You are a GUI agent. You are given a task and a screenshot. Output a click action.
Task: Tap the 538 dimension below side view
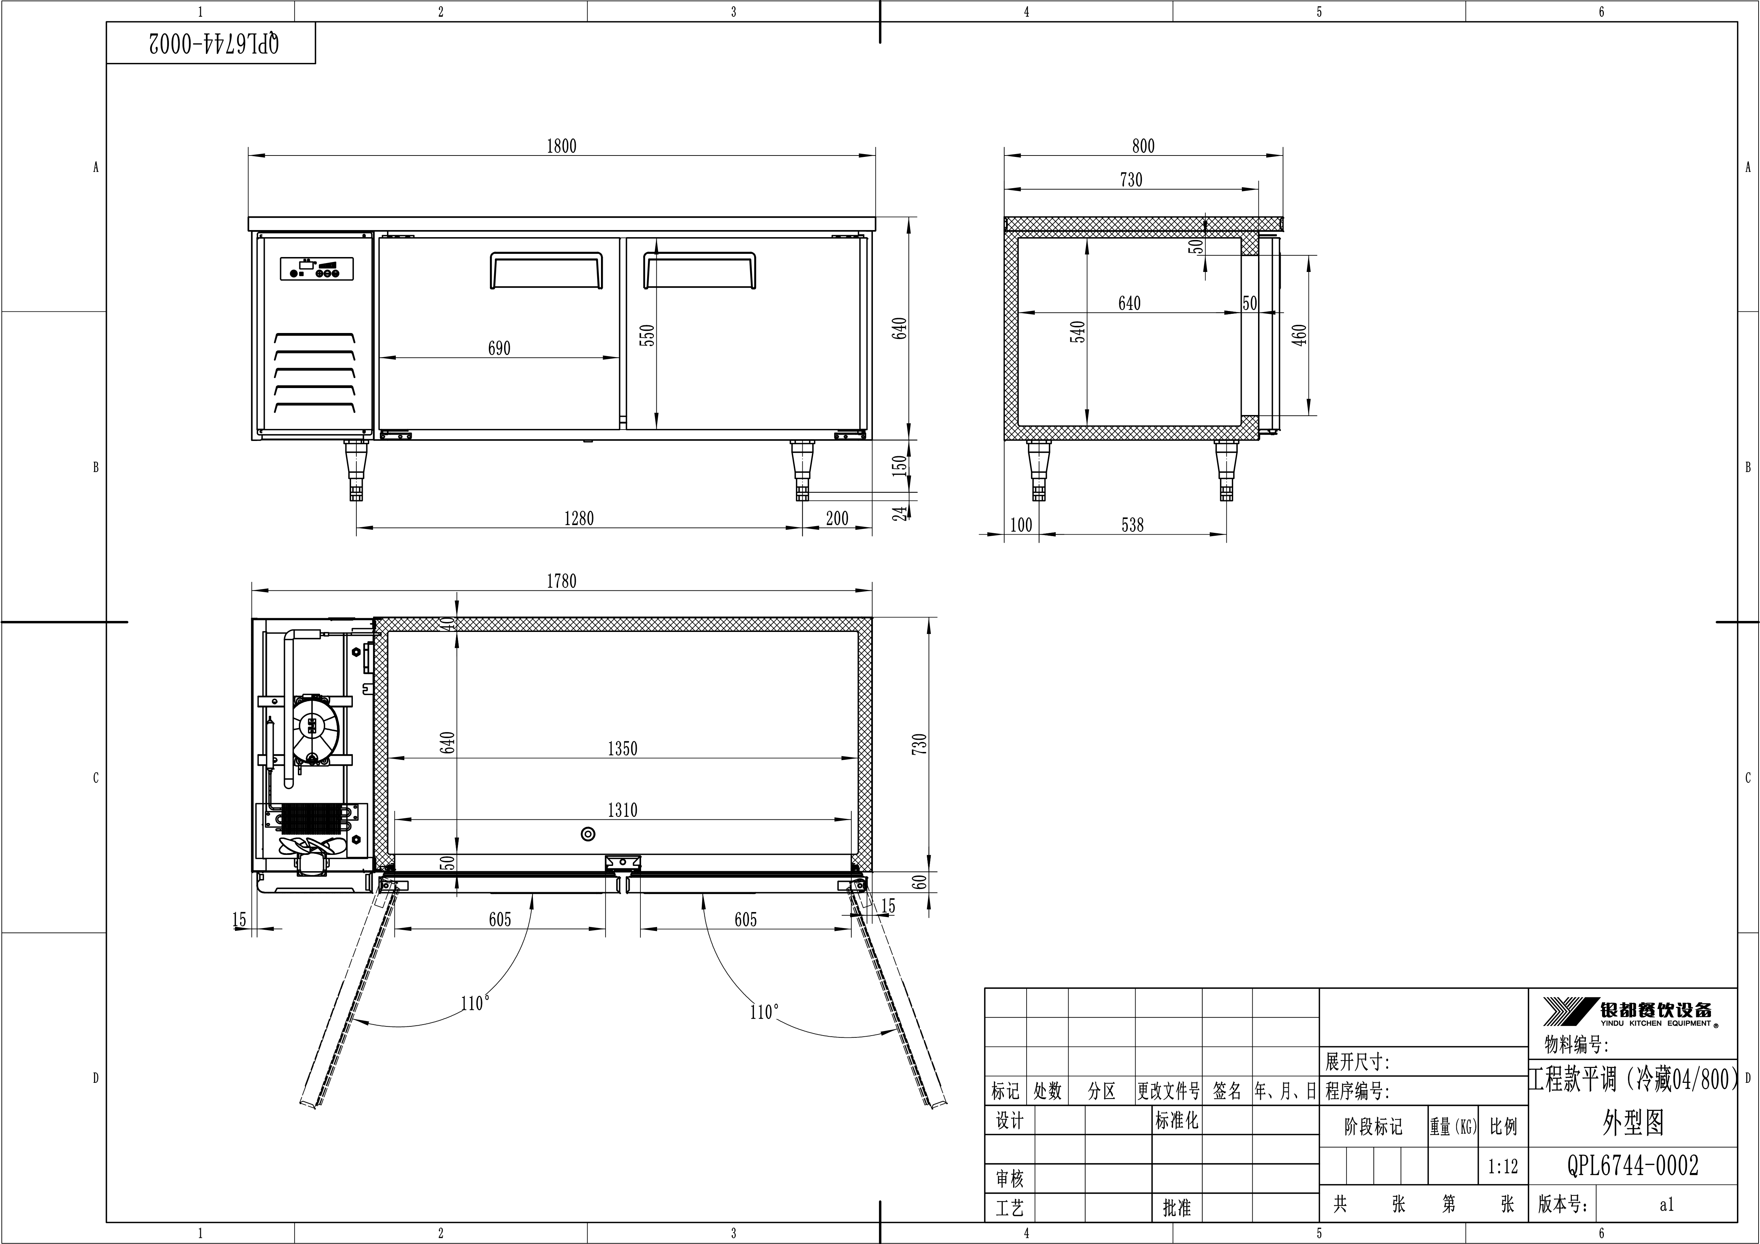point(1132,525)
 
